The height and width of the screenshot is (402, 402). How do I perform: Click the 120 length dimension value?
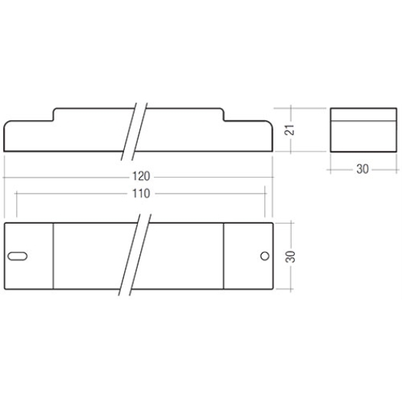pos(141,176)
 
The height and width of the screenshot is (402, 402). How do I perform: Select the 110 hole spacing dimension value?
pos(141,194)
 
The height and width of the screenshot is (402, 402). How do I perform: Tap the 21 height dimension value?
pos(289,130)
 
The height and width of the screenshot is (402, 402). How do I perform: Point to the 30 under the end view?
pos(362,169)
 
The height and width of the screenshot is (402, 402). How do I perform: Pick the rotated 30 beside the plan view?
pos(290,257)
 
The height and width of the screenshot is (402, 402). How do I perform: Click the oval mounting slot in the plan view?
pos(18,256)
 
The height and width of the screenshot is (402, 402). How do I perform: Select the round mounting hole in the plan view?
pos(265,256)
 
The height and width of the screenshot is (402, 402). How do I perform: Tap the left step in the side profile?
pos(54,114)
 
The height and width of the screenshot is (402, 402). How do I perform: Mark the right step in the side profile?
pos(224,114)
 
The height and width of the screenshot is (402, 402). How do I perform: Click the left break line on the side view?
pos(129,132)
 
